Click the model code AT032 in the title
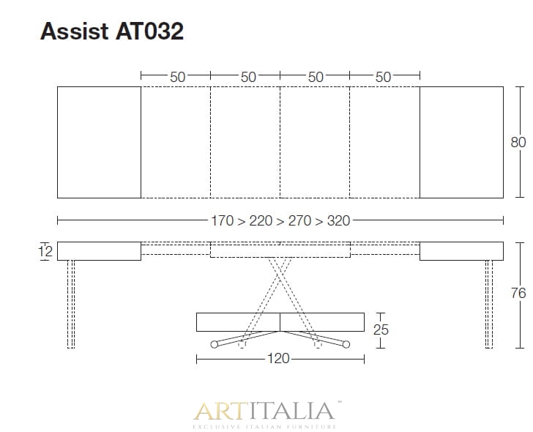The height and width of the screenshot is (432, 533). click(x=149, y=31)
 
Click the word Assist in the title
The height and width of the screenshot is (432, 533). click(x=74, y=31)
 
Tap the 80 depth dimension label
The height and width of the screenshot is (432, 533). click(x=518, y=142)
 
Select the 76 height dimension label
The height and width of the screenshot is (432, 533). click(x=518, y=293)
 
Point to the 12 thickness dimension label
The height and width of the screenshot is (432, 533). click(x=45, y=252)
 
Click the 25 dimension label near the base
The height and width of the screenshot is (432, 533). click(x=381, y=329)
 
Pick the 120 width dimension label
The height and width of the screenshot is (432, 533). click(x=278, y=359)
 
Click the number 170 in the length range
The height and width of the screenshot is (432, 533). click(x=223, y=220)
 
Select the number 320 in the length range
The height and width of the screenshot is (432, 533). click(x=338, y=220)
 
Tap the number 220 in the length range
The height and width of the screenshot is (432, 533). click(x=261, y=220)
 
